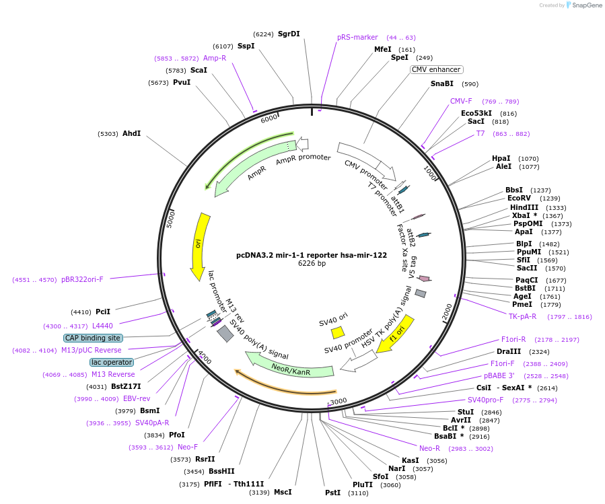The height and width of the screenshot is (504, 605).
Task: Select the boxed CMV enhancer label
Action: tap(436, 69)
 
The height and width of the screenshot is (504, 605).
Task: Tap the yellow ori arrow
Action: tap(199, 246)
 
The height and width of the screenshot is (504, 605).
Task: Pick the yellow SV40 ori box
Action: tap(338, 332)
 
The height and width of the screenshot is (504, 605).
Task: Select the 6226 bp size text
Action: tap(312, 264)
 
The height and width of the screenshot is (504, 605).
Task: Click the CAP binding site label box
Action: tap(94, 338)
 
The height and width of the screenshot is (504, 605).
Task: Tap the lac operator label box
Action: tap(112, 362)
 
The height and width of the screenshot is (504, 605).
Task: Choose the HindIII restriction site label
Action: tap(524, 207)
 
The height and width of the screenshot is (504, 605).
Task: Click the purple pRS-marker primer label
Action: tap(357, 38)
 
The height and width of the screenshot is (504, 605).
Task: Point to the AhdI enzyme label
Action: tap(131, 133)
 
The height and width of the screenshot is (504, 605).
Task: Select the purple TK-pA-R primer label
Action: tap(522, 316)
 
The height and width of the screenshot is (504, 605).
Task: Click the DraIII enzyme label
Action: tap(508, 351)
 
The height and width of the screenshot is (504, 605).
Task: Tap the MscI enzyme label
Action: tap(283, 492)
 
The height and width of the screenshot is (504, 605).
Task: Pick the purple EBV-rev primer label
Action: tap(136, 398)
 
